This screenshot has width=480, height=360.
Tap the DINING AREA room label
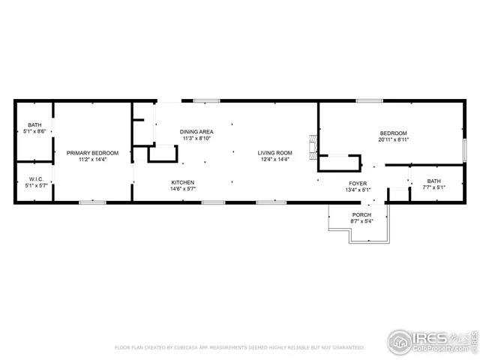[x=196, y=132]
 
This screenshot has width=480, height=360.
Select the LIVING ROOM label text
[x=275, y=153]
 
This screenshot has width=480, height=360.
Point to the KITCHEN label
[x=183, y=183]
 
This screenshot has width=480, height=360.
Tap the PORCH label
[x=361, y=215]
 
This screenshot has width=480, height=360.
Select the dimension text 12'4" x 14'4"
[x=275, y=160]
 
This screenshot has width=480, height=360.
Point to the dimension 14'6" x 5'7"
[x=183, y=189]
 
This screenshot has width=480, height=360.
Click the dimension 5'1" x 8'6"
[x=34, y=131]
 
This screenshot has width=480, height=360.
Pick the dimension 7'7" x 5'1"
[x=434, y=187]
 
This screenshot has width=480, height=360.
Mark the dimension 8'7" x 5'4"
[x=361, y=221]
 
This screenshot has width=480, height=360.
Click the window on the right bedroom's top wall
[x=369, y=100]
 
